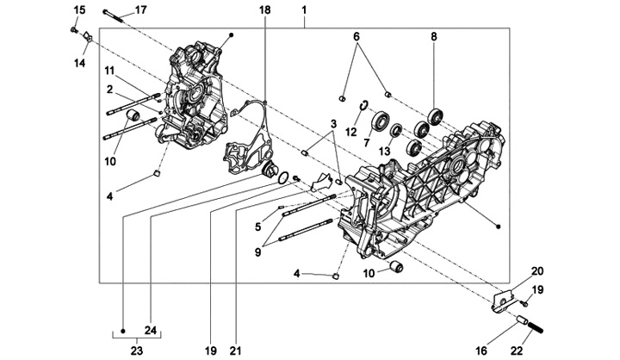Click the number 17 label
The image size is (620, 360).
click(x=140, y=9)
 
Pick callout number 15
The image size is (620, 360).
click(x=79, y=9)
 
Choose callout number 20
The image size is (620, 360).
click(x=537, y=270)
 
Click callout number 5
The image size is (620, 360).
click(x=257, y=227)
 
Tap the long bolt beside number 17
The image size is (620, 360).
click(x=115, y=12)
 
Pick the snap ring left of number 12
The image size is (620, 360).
click(x=364, y=106)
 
